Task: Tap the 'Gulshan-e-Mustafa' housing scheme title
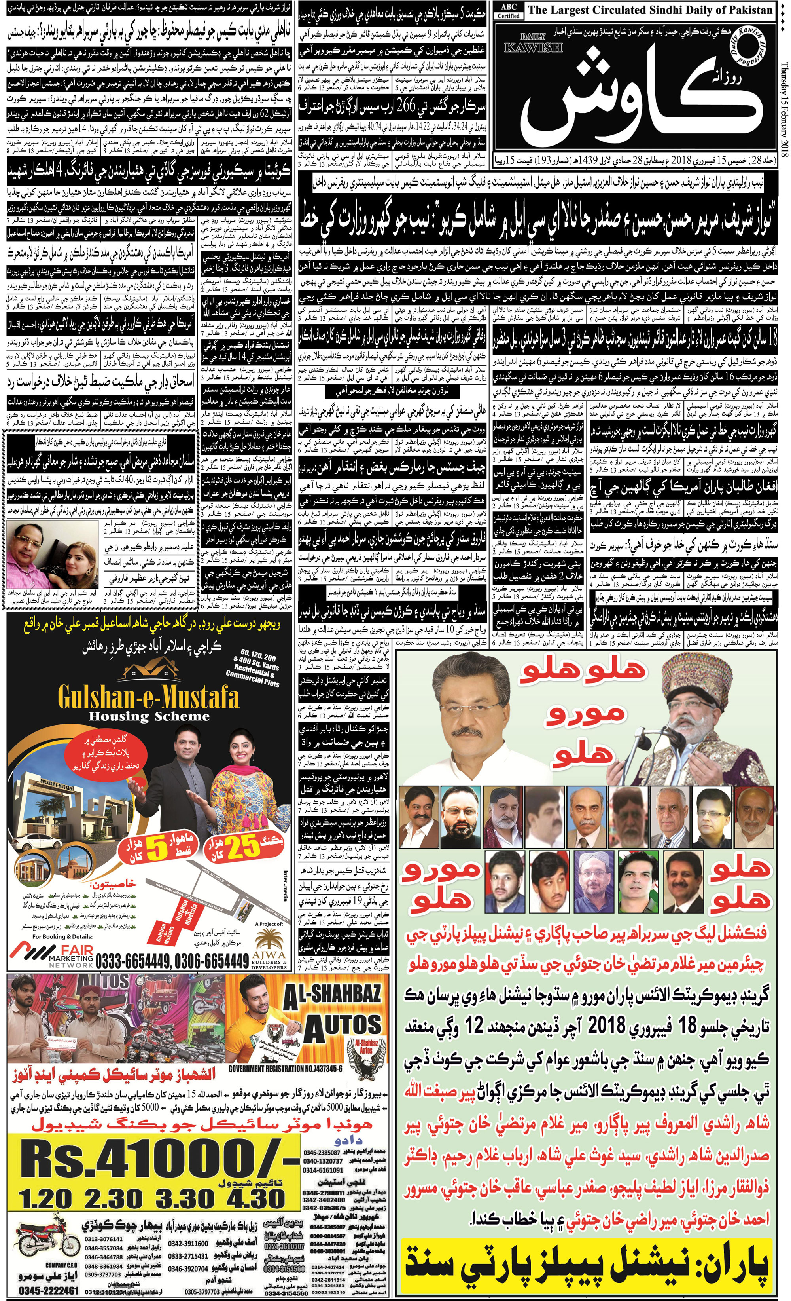(x=148, y=699)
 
